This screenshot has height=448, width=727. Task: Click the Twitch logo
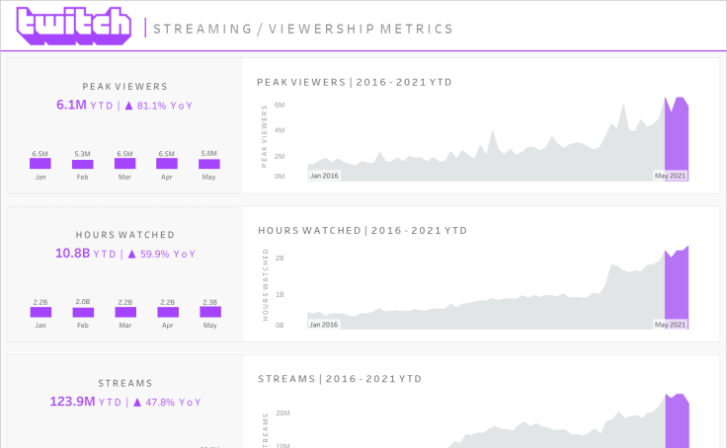coord(73,27)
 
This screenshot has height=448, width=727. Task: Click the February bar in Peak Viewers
coord(82,164)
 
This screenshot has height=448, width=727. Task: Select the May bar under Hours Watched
coord(209,311)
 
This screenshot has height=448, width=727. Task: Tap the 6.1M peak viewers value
coord(71,105)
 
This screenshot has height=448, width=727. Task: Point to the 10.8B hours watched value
coord(72,254)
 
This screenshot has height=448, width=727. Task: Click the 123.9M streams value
coord(72,402)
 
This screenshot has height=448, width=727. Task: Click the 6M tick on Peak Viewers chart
coord(280,105)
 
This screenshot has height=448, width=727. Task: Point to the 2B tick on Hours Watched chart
coord(280,259)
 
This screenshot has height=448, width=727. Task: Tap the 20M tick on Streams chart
coord(282,413)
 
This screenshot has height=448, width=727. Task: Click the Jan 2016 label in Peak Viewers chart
coord(324,176)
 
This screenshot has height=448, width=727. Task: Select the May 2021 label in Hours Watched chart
coord(670,325)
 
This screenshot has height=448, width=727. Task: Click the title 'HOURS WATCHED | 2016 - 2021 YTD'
coord(363,231)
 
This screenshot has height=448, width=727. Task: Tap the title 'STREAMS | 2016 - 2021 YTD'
coord(340,379)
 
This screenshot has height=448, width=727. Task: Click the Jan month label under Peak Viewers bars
coord(40,177)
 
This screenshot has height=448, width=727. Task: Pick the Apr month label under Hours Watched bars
coord(167,325)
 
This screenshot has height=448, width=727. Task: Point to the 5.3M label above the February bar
coord(82,154)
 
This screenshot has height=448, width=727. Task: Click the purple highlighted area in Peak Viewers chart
coord(676,143)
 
